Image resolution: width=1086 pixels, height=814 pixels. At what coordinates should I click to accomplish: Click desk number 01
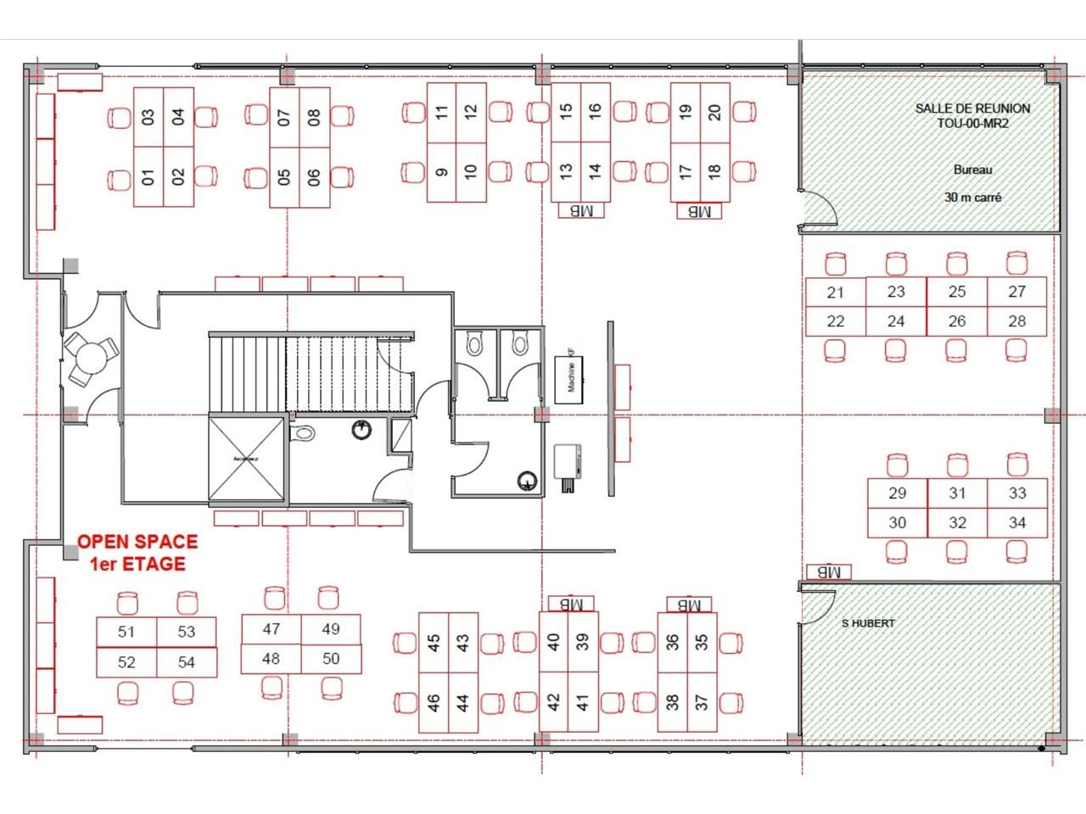coord(148,177)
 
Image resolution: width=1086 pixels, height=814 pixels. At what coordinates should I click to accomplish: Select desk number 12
coord(471,111)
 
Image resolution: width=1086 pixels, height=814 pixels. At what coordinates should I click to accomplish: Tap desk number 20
coord(714,111)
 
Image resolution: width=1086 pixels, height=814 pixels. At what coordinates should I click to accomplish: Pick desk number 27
coord(1016,292)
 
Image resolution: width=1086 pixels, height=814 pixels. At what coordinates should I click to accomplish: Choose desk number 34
coord(1016,522)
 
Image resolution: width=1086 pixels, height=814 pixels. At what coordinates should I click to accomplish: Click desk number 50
coord(330,659)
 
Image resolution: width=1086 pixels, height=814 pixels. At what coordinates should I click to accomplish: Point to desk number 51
coord(126,632)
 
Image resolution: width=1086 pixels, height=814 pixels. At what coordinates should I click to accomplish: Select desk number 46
coord(434,703)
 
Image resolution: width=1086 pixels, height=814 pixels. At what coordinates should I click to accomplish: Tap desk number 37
coord(702,703)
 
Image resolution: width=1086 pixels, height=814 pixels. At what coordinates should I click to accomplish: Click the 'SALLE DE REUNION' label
coord(972,109)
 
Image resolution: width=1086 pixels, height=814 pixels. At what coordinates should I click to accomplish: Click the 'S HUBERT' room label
coord(868,623)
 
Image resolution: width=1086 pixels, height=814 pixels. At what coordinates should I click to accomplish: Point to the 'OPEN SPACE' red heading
coord(137,542)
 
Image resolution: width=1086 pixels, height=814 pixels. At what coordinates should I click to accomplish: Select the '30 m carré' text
coord(972,198)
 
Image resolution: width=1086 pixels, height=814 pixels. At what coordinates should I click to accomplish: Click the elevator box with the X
coord(246,458)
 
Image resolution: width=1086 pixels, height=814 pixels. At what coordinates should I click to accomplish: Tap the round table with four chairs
coord(90,358)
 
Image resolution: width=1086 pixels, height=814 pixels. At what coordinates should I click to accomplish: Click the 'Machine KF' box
coord(569,378)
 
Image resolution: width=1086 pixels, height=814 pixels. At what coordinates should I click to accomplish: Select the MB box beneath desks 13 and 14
coord(581,210)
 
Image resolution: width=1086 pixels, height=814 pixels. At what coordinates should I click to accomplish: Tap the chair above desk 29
coord(897,466)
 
